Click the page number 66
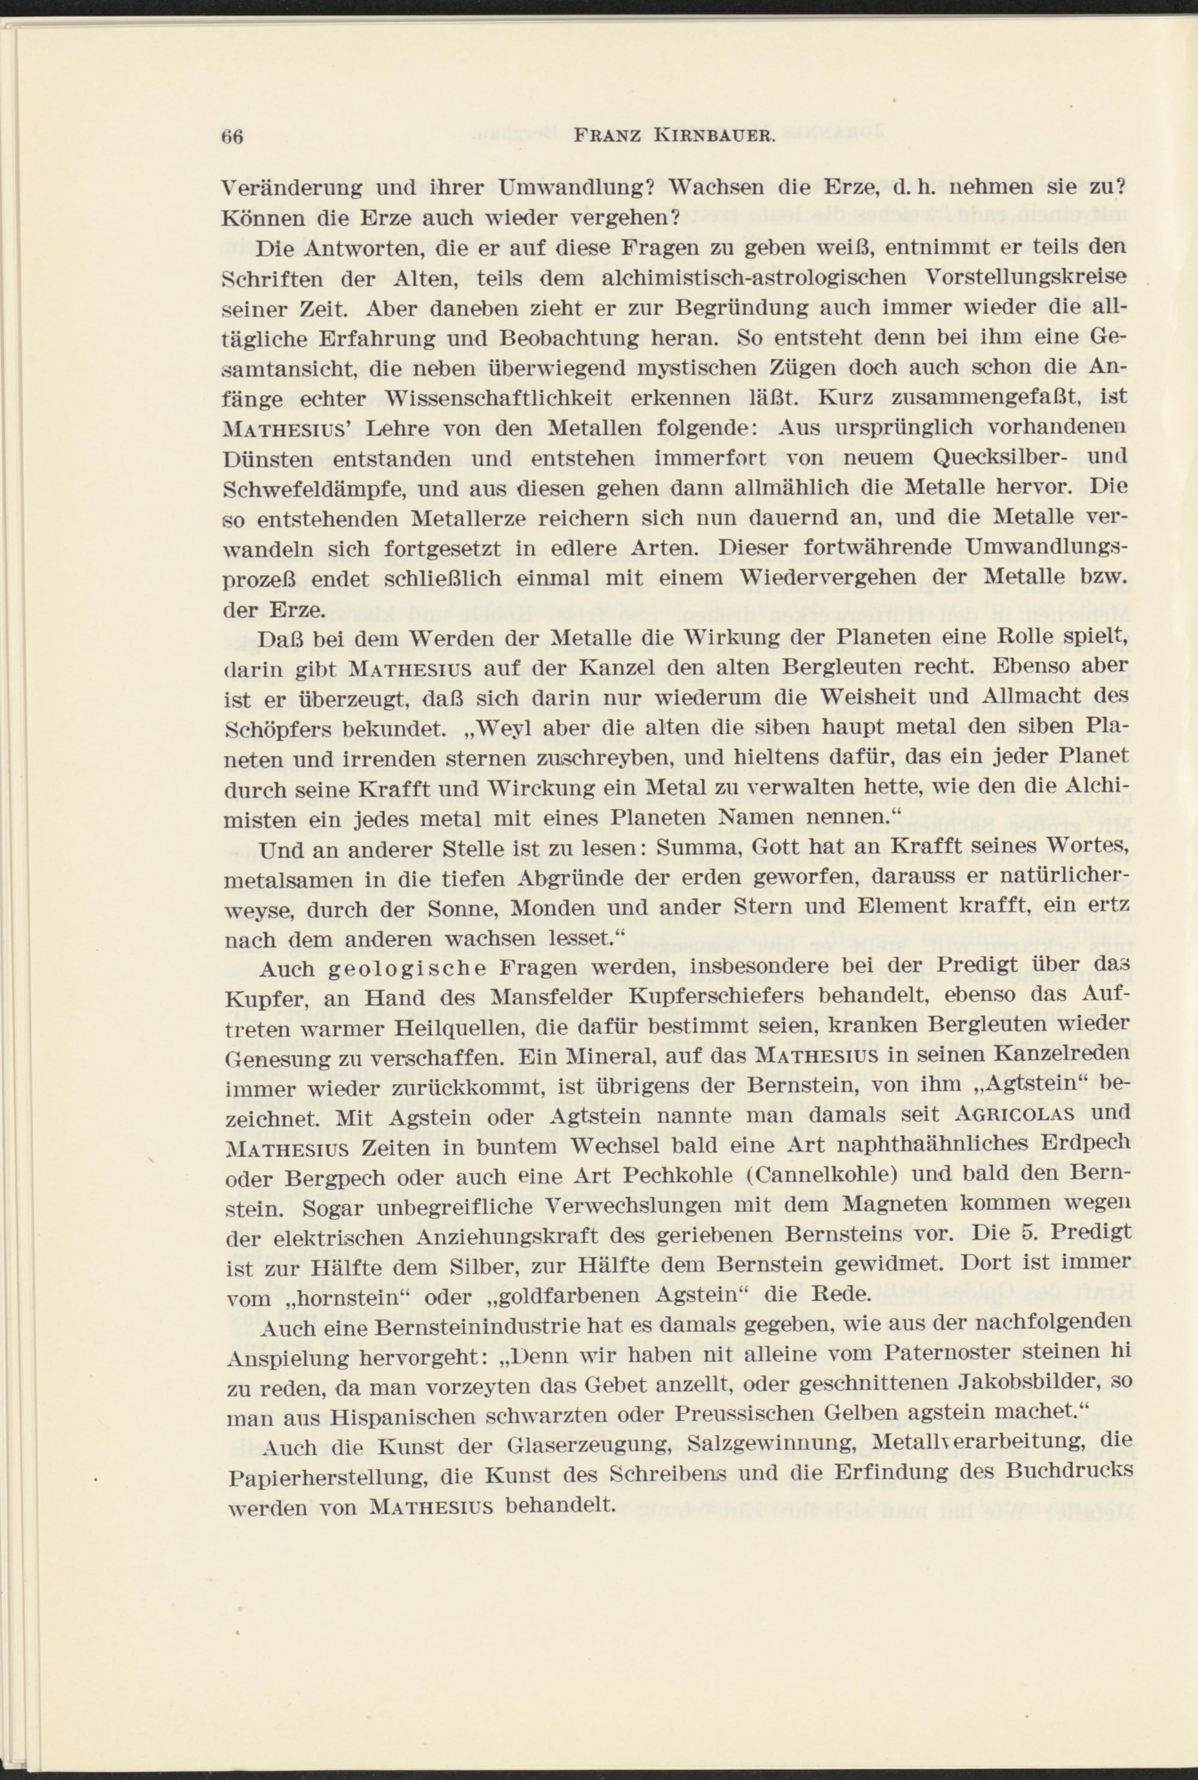[231, 138]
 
